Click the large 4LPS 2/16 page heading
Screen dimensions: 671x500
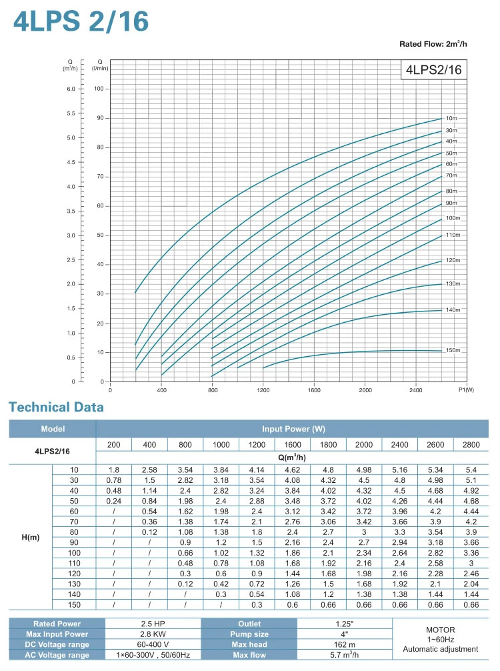tap(81, 21)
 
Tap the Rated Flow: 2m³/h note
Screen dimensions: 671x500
tap(433, 44)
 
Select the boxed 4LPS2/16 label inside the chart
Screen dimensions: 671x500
tap(434, 69)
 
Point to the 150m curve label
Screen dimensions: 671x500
tap(453, 350)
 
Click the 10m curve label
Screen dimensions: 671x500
tap(451, 118)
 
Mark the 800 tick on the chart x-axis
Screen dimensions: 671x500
tap(212, 390)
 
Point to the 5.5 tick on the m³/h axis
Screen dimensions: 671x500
tap(70, 113)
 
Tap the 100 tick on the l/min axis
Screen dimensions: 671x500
tap(97, 89)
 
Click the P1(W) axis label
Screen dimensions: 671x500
tap(465, 390)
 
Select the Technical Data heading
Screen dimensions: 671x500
tap(56, 407)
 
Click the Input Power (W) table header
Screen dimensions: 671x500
tap(293, 429)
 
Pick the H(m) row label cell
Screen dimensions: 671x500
tap(30, 538)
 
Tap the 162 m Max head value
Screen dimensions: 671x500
tap(344, 645)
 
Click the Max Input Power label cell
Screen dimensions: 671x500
tap(53, 634)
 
